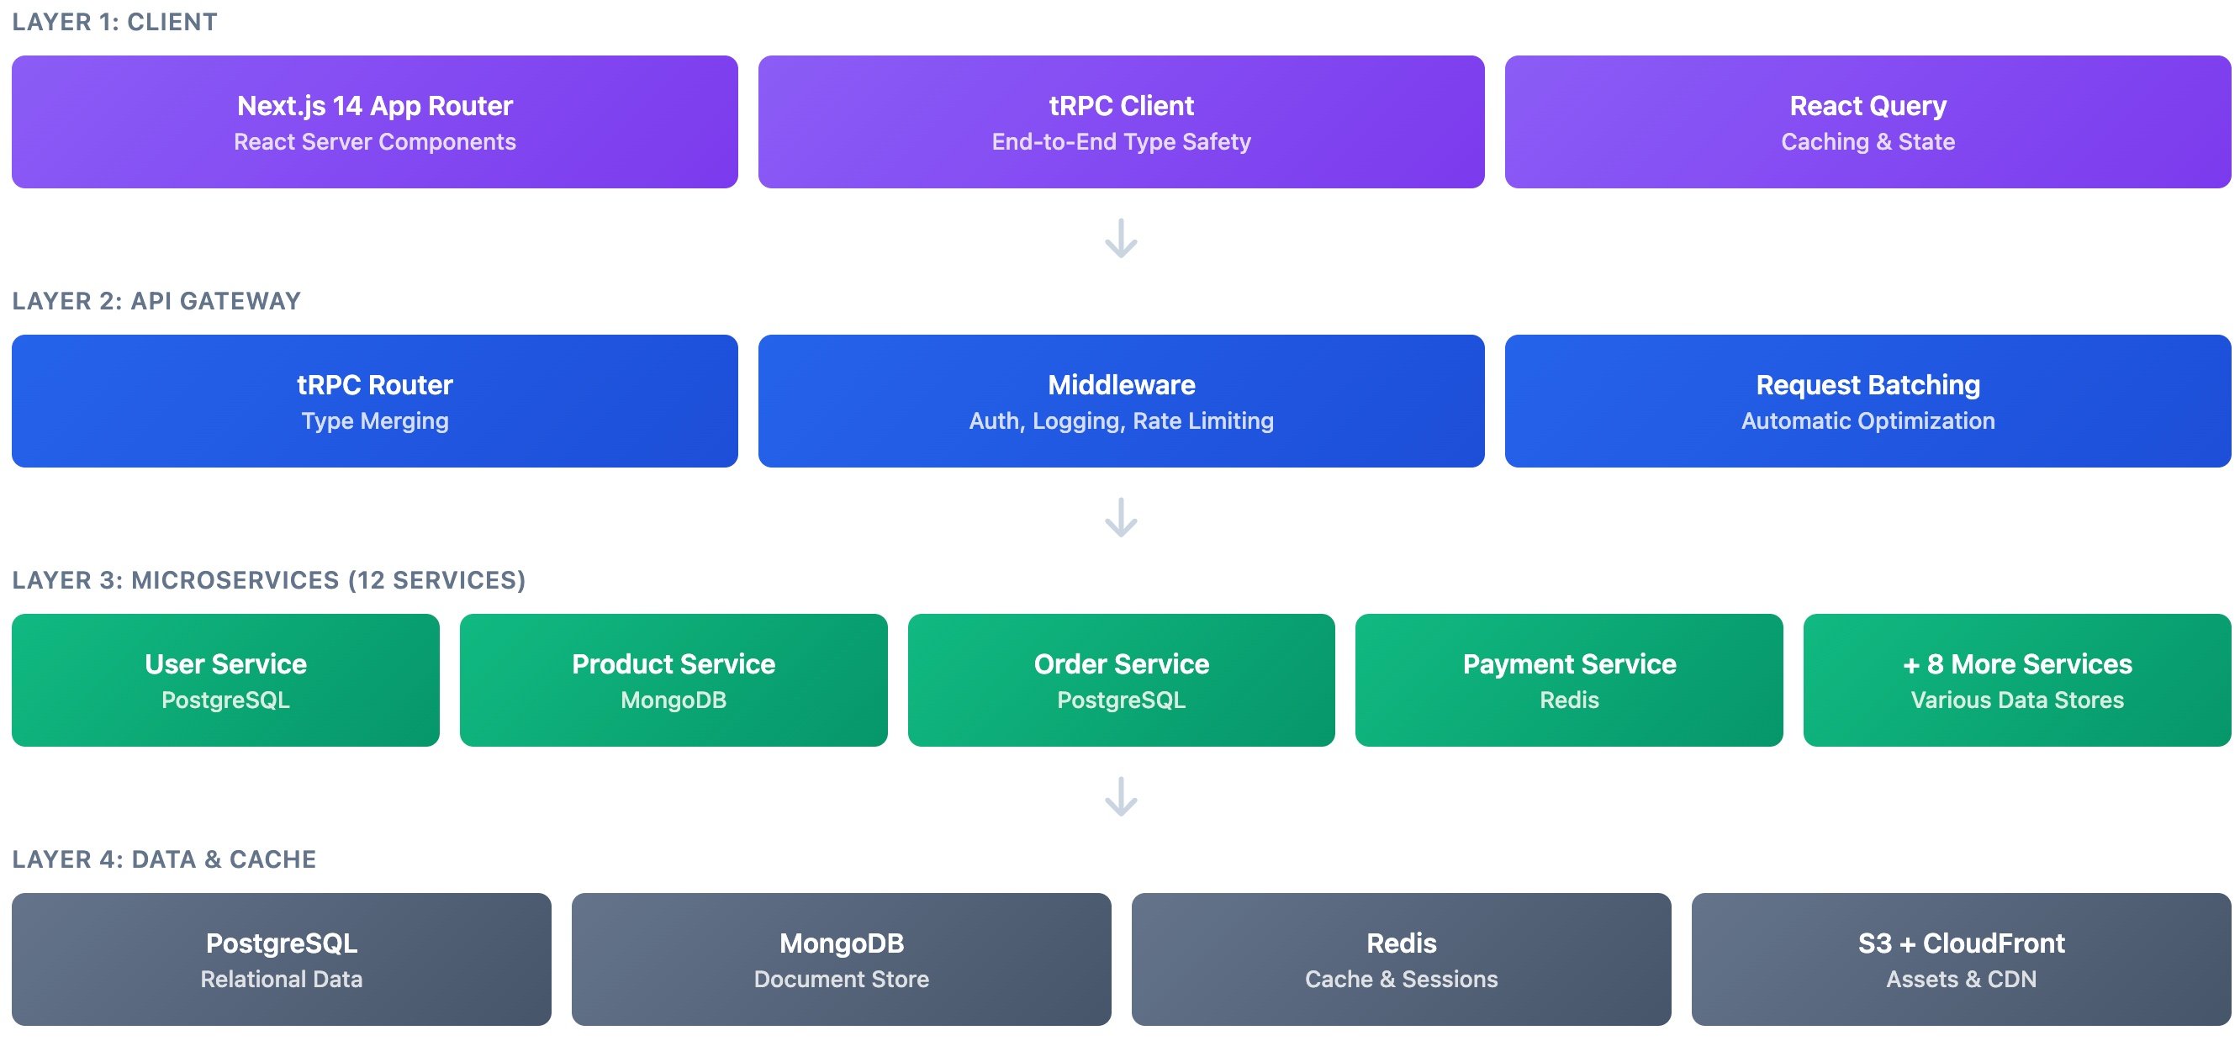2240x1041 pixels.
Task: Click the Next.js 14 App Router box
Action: coord(374,122)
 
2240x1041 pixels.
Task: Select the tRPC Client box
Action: coord(1121,122)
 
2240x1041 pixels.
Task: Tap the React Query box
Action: coord(1867,122)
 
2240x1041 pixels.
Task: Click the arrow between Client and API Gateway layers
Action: coord(1121,238)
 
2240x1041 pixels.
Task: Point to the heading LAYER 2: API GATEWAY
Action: coord(156,301)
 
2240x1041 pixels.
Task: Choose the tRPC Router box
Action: coord(374,401)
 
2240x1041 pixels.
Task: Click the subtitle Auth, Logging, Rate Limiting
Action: coord(1121,421)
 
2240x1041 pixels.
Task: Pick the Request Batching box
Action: coord(1867,401)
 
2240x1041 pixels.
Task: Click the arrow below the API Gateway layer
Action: coord(1121,517)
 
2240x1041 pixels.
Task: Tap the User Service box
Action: coord(225,680)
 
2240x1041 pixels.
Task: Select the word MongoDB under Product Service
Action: coord(673,700)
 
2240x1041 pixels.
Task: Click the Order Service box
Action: coord(1121,680)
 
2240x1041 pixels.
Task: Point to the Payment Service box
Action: coord(1569,680)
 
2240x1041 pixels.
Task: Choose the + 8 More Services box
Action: coord(2016,680)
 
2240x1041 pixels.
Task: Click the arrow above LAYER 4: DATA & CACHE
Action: coord(1121,796)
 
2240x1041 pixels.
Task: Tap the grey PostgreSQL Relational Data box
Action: coord(281,959)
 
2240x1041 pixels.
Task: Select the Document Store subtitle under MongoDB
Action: coord(841,980)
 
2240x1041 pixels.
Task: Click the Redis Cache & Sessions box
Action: coord(1401,959)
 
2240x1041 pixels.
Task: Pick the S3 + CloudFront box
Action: coord(1961,959)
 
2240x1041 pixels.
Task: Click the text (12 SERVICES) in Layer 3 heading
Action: coord(436,580)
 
